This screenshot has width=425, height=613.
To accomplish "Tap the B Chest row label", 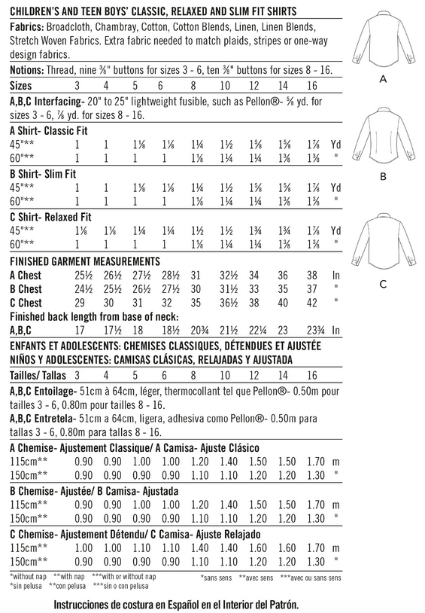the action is click(x=26, y=289).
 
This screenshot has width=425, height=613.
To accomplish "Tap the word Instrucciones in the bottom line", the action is click(x=87, y=604).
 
